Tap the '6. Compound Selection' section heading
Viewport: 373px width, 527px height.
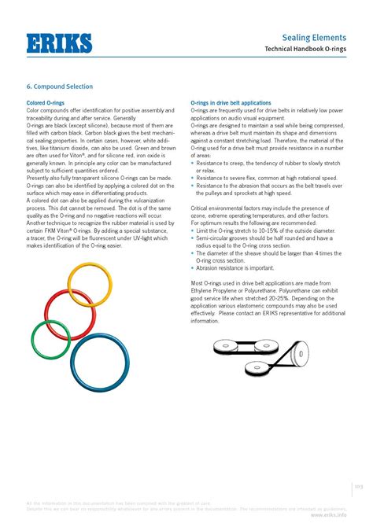click(60, 87)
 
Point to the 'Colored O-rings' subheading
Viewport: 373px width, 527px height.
click(45, 103)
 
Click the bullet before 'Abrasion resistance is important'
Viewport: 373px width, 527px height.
click(193, 268)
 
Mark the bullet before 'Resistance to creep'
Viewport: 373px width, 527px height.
click(193, 163)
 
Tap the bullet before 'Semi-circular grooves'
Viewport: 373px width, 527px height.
click(193, 238)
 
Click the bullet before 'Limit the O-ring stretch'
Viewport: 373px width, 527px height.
click(193, 230)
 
